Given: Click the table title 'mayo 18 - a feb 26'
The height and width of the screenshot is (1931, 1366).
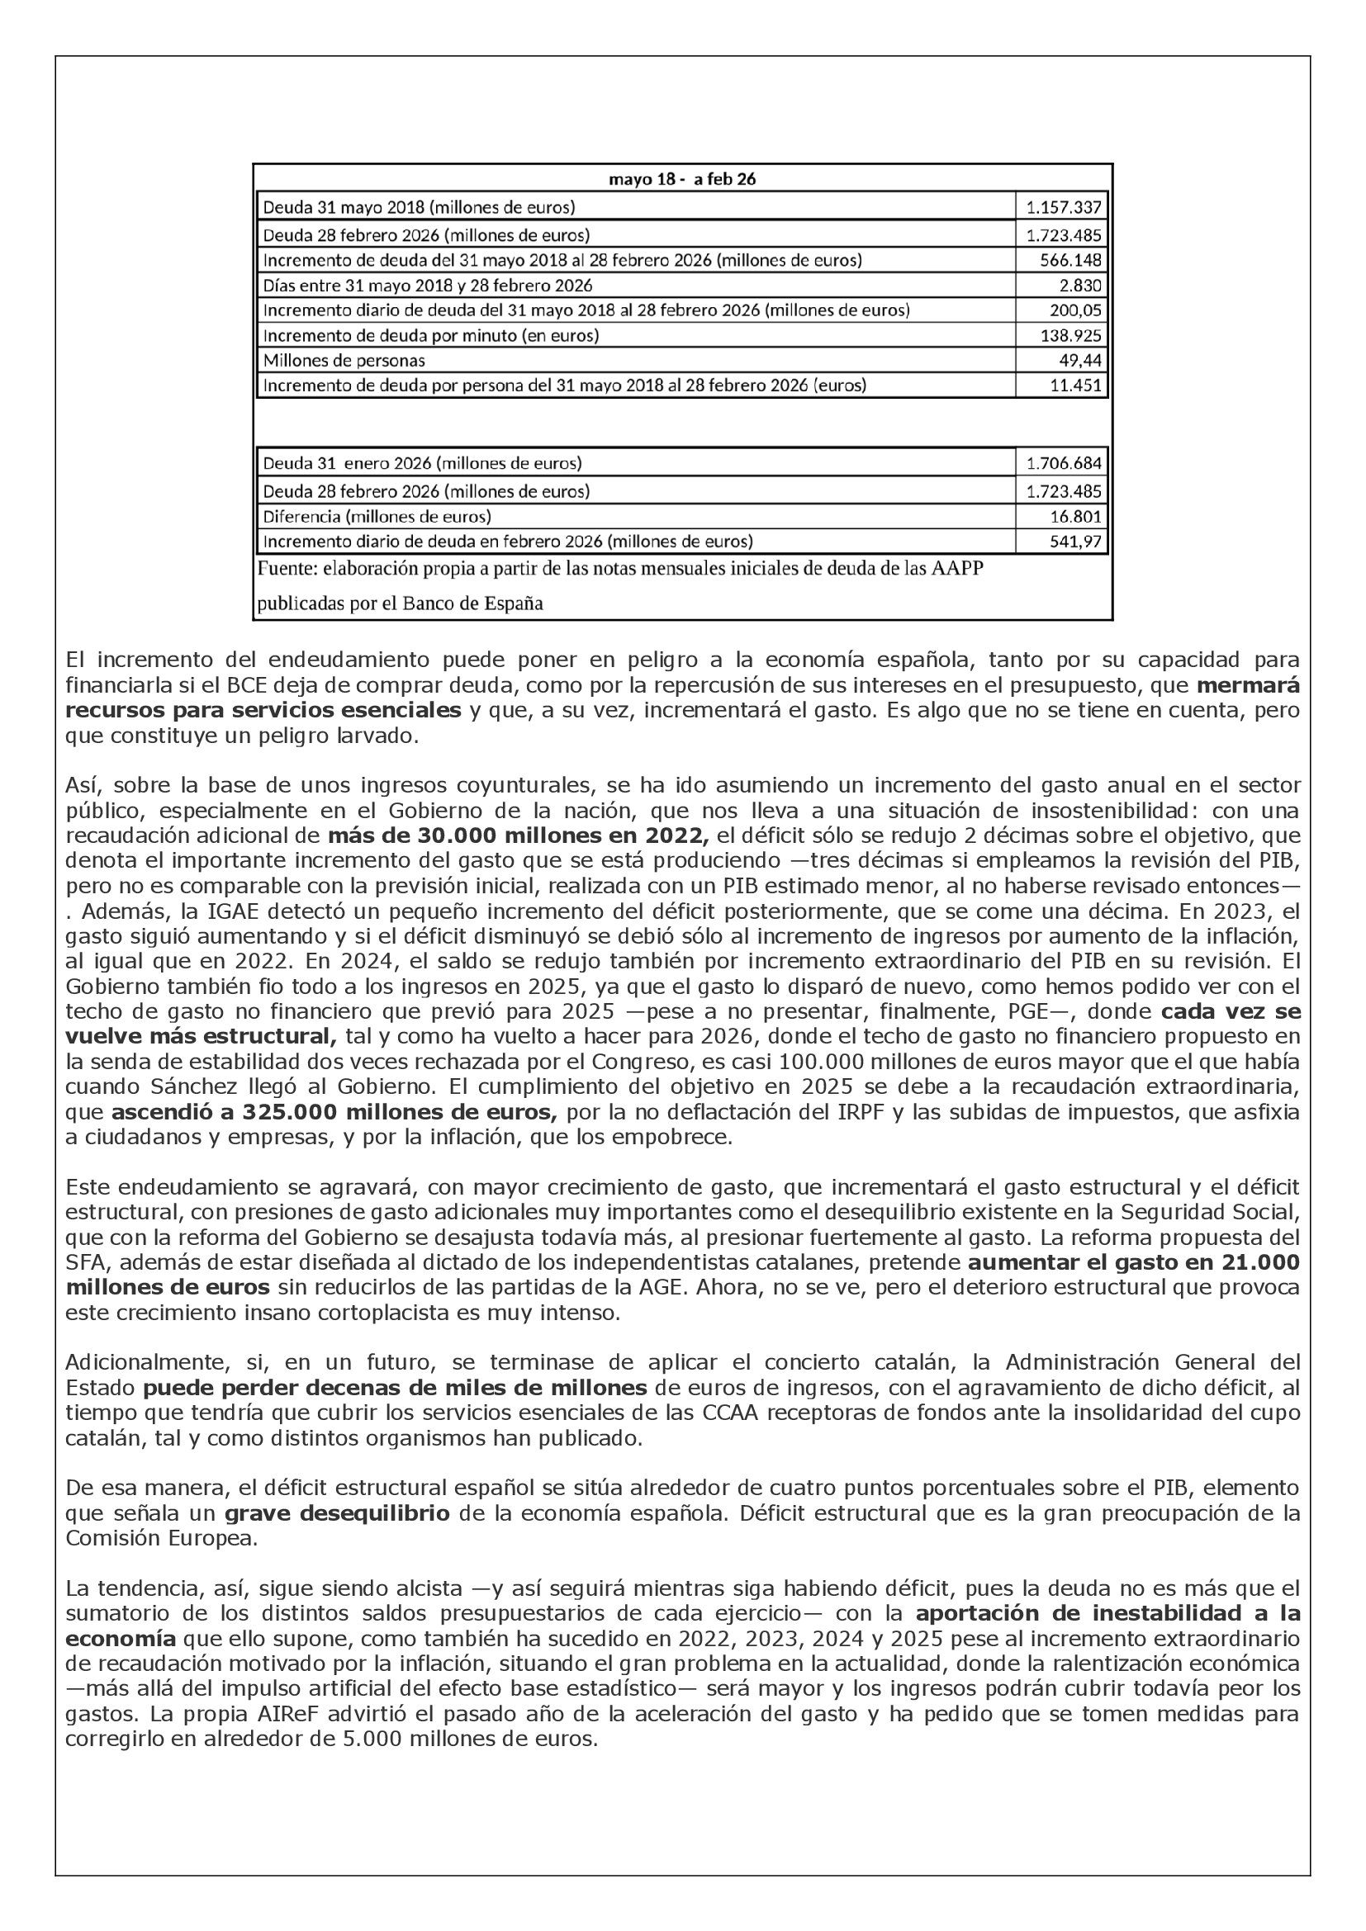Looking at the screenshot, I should [x=682, y=179].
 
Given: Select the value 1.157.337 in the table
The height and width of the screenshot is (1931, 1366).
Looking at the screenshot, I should [x=1063, y=207].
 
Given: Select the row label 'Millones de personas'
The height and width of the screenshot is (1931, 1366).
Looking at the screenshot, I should [x=344, y=361].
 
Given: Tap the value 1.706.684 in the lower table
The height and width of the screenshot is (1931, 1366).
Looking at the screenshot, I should [x=1063, y=462].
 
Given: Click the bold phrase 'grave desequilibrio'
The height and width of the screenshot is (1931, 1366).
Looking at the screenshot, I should [x=336, y=1515].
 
